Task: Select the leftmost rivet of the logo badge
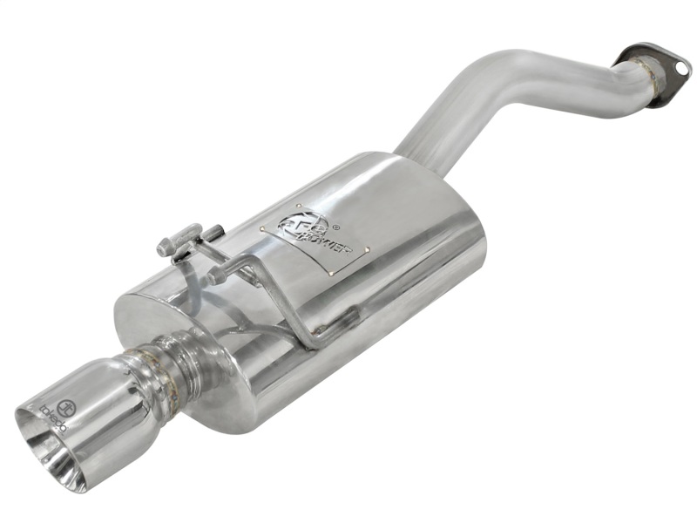pos(261,229)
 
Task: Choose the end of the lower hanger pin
pos(214,275)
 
